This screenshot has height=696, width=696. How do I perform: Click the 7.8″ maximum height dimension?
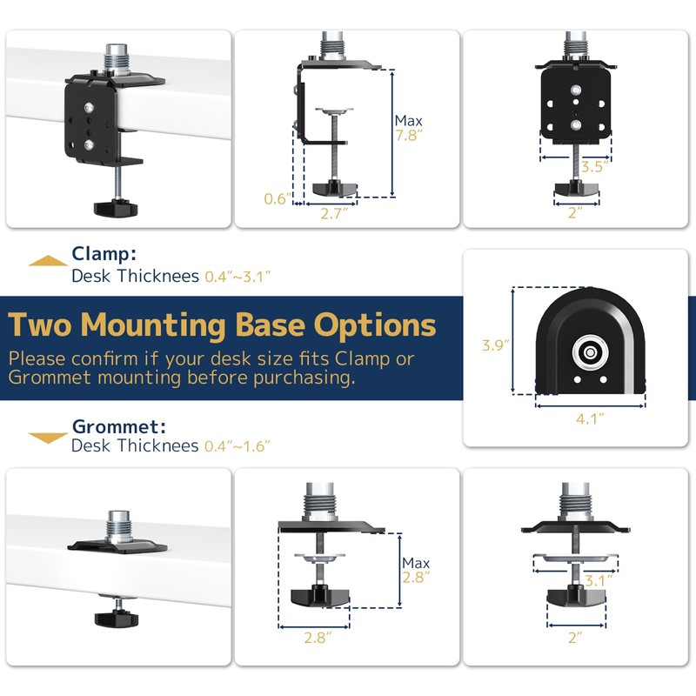(408, 136)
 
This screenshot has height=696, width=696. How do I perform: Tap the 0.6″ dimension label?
(276, 198)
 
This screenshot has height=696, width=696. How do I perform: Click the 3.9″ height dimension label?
(495, 345)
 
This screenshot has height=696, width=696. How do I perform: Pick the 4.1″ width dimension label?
(590, 418)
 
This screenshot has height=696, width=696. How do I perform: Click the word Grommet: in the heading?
(118, 426)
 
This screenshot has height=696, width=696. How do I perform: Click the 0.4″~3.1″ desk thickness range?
(238, 277)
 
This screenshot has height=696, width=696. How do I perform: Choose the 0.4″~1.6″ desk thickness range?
(238, 446)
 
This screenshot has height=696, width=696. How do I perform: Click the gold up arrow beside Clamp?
(47, 260)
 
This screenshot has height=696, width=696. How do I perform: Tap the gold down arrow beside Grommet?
(47, 438)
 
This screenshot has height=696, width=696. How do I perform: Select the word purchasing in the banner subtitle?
(304, 378)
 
